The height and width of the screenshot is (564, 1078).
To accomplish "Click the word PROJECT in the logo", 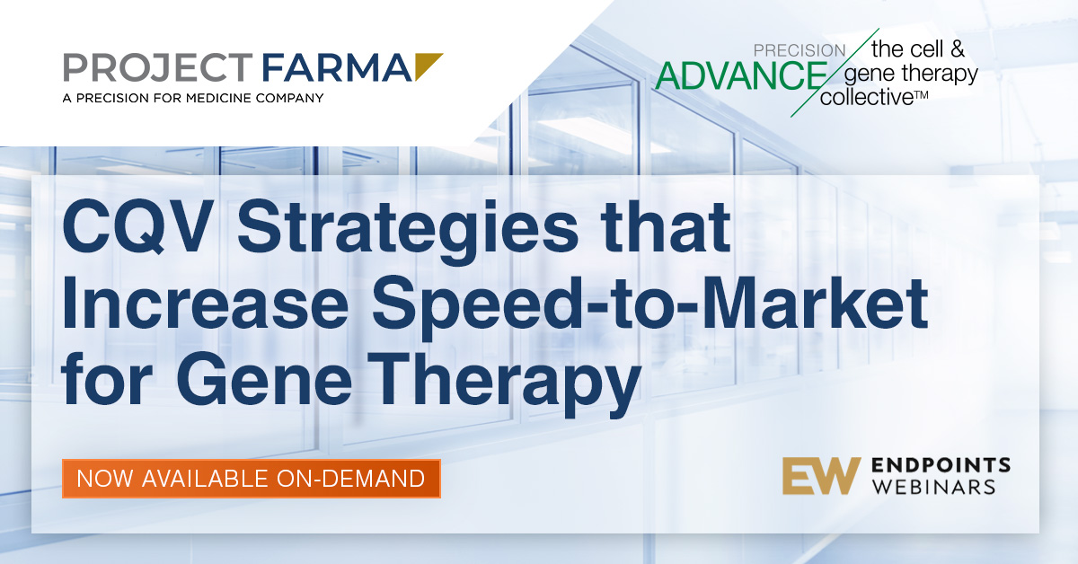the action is (158, 67).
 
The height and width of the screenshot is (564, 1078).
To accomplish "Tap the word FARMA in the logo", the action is (336, 67).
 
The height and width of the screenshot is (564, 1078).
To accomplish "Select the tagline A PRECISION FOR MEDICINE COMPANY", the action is (193, 98).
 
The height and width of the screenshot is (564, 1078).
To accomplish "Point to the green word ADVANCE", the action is (741, 76).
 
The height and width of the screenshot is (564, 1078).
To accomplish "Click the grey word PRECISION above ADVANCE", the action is (800, 50).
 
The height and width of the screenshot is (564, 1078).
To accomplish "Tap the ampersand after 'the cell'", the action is (957, 49).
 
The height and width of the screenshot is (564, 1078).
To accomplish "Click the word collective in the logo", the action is (867, 98).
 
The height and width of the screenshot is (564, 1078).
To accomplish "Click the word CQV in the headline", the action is (138, 226).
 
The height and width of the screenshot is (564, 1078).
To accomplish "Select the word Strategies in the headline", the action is (408, 231).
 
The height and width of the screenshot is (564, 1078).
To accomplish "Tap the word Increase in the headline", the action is (205, 304).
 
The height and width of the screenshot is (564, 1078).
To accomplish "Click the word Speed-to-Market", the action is (649, 308).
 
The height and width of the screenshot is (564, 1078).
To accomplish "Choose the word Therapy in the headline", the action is (504, 384).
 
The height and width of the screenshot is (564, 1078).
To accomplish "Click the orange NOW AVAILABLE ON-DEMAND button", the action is (252, 479).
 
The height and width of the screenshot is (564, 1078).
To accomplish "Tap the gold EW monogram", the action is (821, 475).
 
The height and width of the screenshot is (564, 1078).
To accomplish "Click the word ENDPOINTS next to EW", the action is (941, 465).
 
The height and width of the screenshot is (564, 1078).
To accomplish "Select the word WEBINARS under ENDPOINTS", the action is (933, 487).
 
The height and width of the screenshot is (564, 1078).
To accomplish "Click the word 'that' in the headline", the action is (666, 226).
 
